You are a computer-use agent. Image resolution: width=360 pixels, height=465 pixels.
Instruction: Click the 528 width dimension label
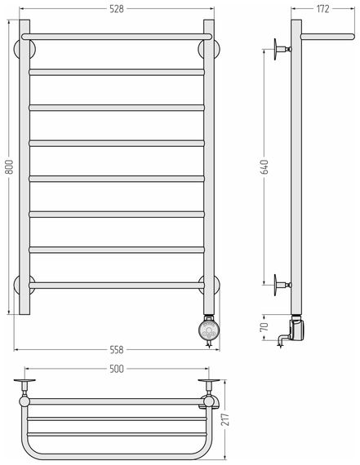(117, 9)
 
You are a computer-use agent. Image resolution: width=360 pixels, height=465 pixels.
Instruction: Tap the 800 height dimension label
(10, 166)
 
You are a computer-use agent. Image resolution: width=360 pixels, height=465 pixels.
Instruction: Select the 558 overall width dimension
(117, 350)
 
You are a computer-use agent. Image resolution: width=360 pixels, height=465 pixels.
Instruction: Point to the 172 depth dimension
(322, 9)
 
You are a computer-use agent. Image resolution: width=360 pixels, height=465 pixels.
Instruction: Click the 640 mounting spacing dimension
(265, 166)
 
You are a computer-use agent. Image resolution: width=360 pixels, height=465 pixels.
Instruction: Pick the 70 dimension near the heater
(264, 327)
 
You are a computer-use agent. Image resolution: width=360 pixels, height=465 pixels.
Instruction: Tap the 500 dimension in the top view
(117, 369)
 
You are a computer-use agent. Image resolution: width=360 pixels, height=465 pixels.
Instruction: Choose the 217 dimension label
(227, 419)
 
